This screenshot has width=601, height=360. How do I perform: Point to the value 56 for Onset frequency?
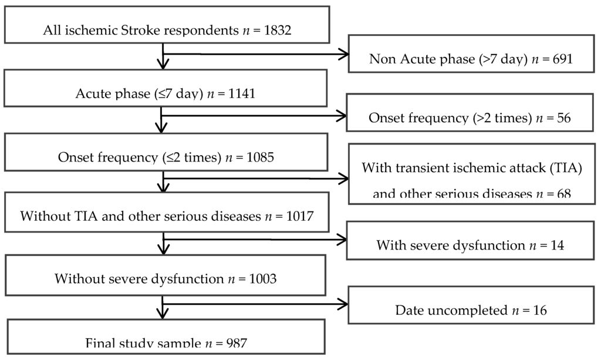[x=563, y=118]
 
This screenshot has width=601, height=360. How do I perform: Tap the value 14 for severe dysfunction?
[x=557, y=245]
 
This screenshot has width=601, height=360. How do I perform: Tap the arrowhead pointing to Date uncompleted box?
[x=343, y=304]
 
